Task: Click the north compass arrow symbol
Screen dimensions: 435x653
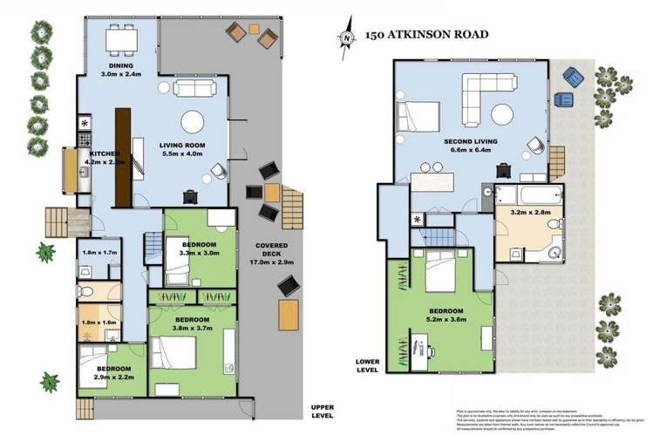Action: (x=349, y=37)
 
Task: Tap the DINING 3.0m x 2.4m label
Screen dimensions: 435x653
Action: (x=119, y=70)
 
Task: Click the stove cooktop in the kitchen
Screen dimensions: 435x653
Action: (x=86, y=139)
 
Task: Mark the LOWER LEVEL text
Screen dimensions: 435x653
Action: (x=367, y=365)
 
